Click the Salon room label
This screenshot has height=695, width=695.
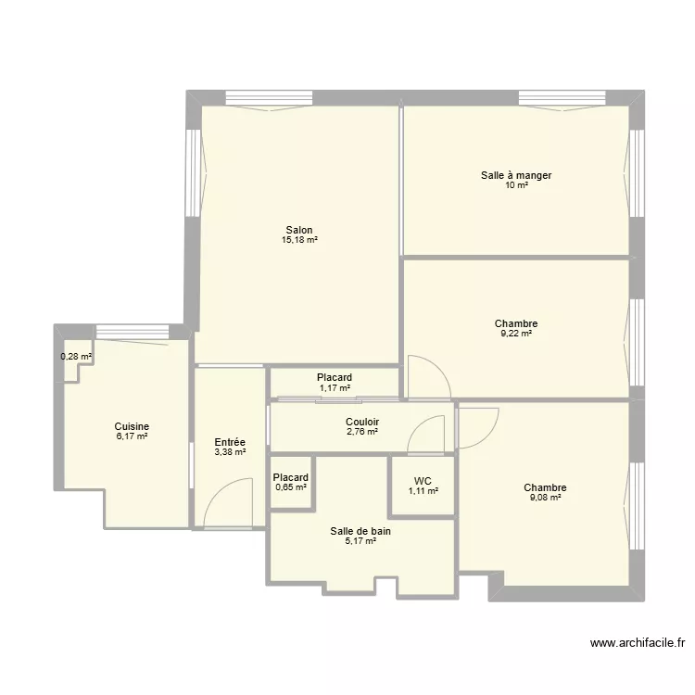pos(298,231)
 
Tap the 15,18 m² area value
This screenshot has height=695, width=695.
pos(299,241)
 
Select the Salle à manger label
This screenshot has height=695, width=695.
pos(516,175)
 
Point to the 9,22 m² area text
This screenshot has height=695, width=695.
pos(516,334)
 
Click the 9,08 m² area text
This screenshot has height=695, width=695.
pos(544,498)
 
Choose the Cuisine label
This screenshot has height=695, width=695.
pos(131,427)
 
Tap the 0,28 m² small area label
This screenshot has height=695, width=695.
pos(76,357)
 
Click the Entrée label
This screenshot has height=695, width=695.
pos(229,443)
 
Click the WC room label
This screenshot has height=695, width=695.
pos(423,481)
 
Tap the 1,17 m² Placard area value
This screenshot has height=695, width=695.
pos(335,388)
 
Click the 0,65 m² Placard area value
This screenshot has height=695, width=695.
pos(290,488)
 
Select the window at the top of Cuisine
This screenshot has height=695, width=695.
pos(132,331)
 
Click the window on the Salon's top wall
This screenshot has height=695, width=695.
pos(268,97)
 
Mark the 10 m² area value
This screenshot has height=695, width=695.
pos(516,185)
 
